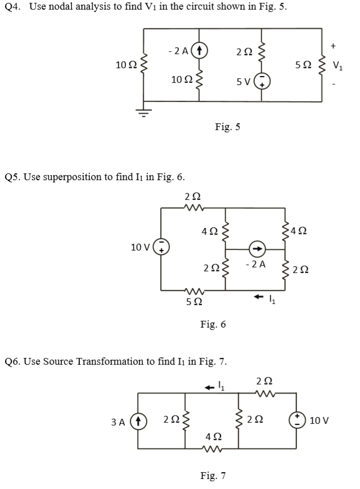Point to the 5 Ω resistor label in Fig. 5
click(301, 65)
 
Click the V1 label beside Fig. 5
click(337, 65)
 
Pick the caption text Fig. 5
click(227, 127)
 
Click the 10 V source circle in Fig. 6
click(161, 247)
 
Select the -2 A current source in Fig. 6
click(256, 248)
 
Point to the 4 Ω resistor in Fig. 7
click(213, 448)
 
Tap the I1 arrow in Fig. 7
click(210, 387)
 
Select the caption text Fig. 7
click(213, 476)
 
